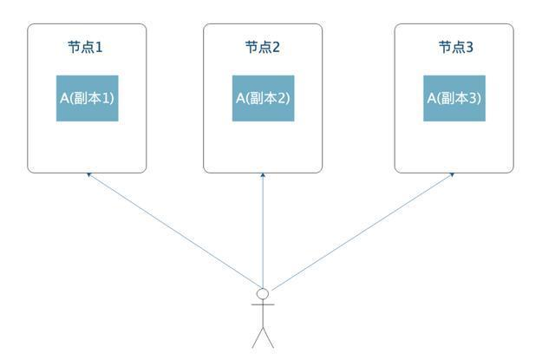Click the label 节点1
pos(86,47)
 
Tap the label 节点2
pos(262,47)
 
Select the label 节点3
pos(454,47)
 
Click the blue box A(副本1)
pos(87,98)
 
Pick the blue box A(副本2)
pos(263,98)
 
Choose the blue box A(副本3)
pos(454,98)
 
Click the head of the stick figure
pos(263,294)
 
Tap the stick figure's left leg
pos(257,337)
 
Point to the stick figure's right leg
pos(269,337)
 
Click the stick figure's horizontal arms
pos(263,304)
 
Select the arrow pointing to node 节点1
pos(173,230)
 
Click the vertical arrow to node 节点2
pos(263,230)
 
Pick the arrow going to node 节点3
pos(360,230)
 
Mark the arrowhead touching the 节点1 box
pos(88,174)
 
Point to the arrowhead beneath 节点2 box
pos(263,175)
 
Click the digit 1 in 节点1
pos(99,47)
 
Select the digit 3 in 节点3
pos(469,47)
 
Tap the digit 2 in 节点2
pos(276,47)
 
